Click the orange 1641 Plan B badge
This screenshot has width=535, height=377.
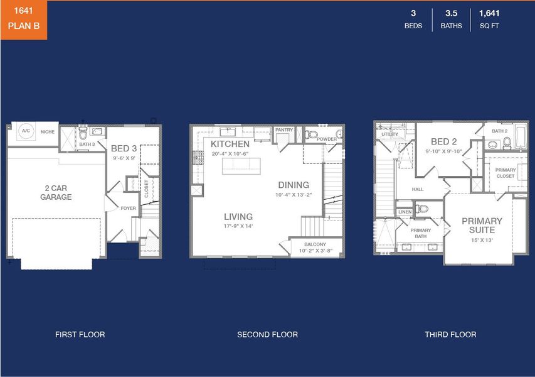[x=23, y=19]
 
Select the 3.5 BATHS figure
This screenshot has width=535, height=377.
[x=451, y=19]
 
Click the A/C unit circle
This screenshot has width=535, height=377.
[x=26, y=131]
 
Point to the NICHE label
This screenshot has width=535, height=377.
[x=48, y=132]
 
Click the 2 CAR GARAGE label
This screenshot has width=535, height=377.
[x=56, y=192]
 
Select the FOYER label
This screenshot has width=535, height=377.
[x=128, y=208]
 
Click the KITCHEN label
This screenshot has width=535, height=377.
[x=230, y=144]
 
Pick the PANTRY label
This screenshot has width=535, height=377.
[x=284, y=130]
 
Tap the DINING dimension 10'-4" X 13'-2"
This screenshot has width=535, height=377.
[x=294, y=195]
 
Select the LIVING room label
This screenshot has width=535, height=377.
[x=238, y=217]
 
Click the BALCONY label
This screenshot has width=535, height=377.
[x=315, y=244]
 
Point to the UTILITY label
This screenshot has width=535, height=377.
[x=389, y=134]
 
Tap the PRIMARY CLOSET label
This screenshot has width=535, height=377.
[x=505, y=173]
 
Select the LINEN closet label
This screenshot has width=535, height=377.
[x=405, y=212]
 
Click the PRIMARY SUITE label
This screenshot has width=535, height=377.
[x=482, y=225]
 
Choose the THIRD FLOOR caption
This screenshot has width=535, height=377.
[x=450, y=334]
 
